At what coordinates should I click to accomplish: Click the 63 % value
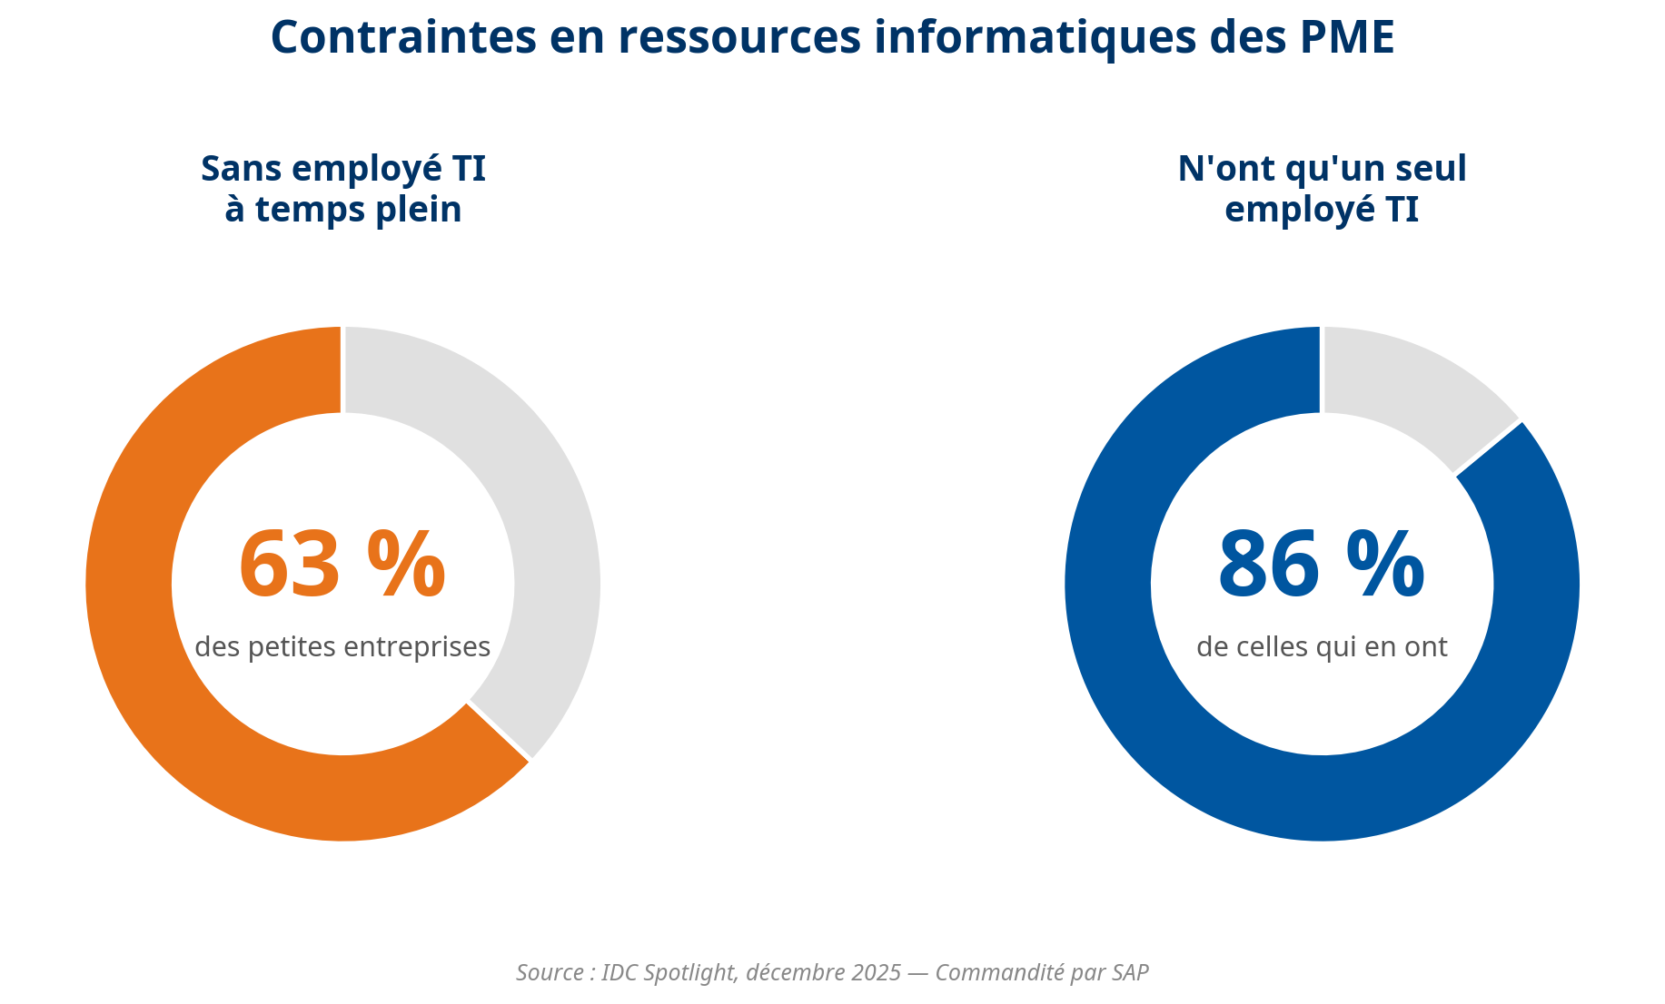coord(342,566)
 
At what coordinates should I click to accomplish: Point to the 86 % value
coord(1322,566)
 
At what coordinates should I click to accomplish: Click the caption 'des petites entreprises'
coord(342,647)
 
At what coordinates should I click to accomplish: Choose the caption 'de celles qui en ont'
coord(1322,647)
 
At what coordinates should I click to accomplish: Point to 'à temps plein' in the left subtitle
coord(342,210)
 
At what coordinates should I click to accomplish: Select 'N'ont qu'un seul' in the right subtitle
coord(1322,170)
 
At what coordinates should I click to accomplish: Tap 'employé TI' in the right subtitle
coord(1322,210)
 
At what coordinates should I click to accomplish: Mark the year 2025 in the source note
coord(876,973)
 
